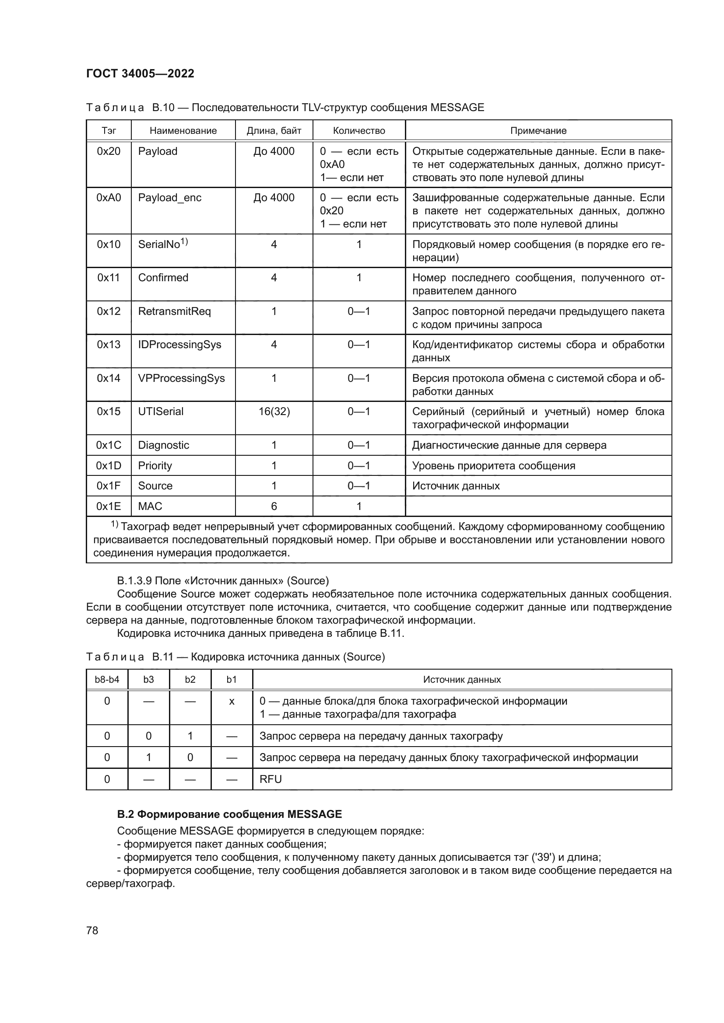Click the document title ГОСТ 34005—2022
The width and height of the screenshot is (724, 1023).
(140, 73)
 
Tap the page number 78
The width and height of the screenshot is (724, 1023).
(92, 930)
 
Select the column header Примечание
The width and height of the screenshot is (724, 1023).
(538, 130)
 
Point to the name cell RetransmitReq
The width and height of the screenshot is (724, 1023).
(174, 311)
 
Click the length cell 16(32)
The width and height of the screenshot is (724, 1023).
(274, 411)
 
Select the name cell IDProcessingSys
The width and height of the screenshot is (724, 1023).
(179, 344)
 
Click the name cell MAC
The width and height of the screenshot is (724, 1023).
(150, 506)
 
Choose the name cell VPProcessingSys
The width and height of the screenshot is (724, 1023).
(181, 378)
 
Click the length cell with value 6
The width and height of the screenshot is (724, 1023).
(274, 506)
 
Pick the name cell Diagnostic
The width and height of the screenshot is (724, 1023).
(163, 445)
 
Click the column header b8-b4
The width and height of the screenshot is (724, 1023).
(107, 680)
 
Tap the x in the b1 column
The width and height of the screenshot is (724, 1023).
(232, 701)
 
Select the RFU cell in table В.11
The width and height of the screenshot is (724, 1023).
(271, 779)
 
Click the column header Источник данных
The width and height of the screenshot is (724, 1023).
(462, 680)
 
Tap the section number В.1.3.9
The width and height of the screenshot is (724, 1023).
(134, 580)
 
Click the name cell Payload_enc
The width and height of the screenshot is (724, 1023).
(169, 197)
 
